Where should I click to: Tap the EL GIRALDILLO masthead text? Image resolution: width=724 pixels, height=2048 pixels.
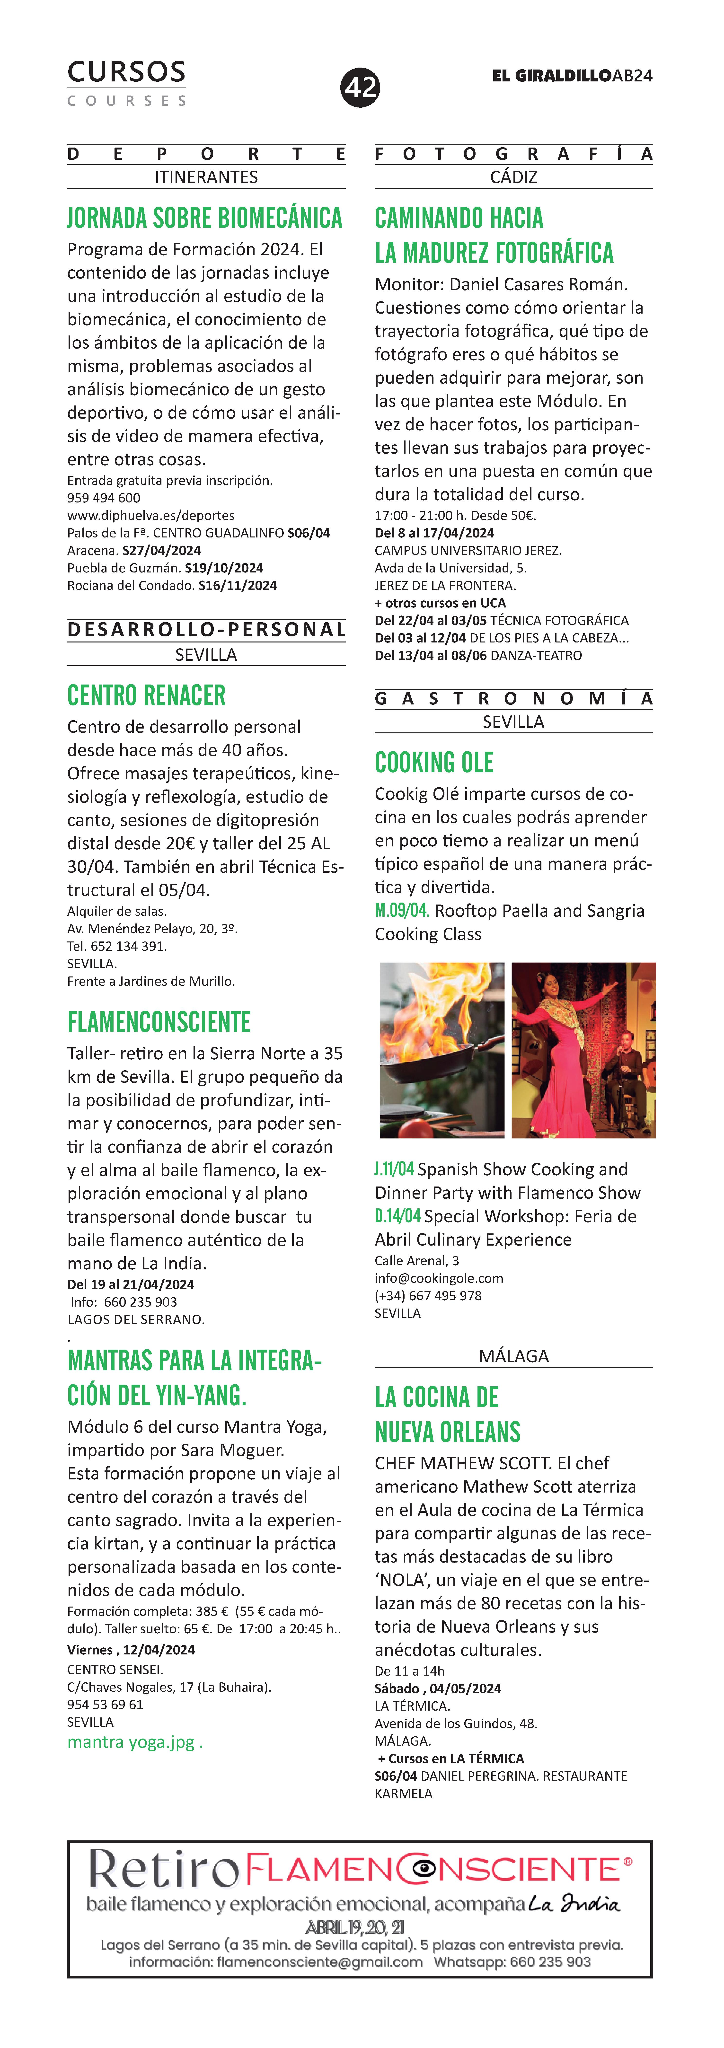point(552,76)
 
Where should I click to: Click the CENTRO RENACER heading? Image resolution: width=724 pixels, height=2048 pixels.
point(146,696)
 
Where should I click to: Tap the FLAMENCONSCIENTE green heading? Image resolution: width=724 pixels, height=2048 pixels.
point(159,1022)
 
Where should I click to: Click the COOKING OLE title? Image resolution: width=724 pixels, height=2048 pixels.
point(434,763)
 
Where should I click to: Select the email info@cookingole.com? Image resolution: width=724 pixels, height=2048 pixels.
point(439,1278)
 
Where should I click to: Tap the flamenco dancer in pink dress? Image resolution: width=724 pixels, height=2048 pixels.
point(568,1049)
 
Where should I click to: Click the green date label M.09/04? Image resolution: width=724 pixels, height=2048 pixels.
point(402,911)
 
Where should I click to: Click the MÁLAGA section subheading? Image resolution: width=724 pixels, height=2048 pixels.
point(513,1356)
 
